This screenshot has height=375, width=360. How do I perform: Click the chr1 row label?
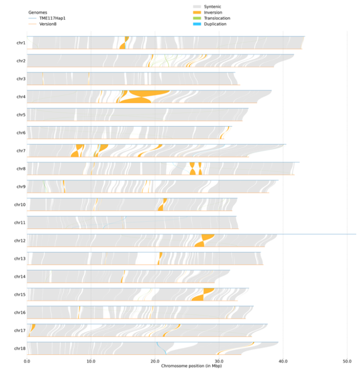[x=21, y=43]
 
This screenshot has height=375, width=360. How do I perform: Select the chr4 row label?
[x=21, y=97]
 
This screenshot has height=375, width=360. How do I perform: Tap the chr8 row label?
[x=21, y=168]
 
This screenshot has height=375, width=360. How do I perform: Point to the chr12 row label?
[x=20, y=240]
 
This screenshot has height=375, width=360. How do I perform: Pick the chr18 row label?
[x=20, y=348]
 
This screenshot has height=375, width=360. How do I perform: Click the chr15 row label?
[x=20, y=294]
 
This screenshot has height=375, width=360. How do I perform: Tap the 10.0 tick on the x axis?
[x=91, y=361]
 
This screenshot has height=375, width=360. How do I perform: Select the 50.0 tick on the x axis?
[x=347, y=361]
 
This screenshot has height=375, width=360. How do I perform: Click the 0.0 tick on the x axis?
[x=27, y=361]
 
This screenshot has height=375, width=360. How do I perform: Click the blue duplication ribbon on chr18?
[x=162, y=349]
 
